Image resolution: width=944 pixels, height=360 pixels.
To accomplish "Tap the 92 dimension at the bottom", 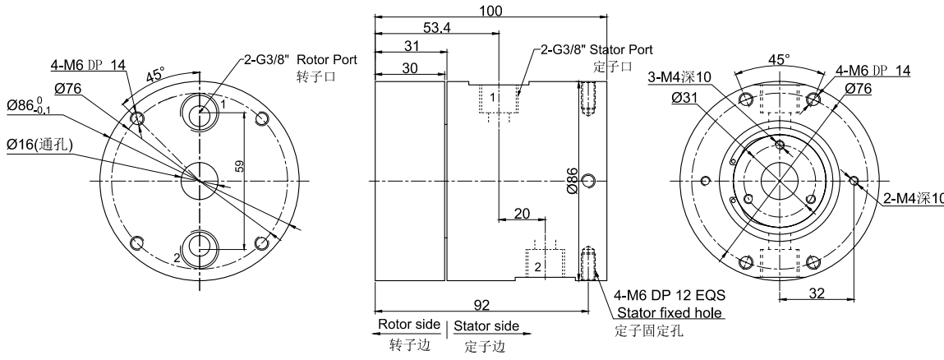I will point(482,305).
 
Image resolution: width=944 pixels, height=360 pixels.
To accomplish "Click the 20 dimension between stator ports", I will point(522,213).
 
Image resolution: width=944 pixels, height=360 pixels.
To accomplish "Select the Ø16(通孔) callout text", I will point(39,145).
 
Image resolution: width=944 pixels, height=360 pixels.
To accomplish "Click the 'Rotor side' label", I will point(408,325).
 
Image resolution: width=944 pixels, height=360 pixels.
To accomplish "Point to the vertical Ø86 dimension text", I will point(572,179).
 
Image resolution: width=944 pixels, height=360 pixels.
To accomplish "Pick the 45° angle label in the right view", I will point(778,60).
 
